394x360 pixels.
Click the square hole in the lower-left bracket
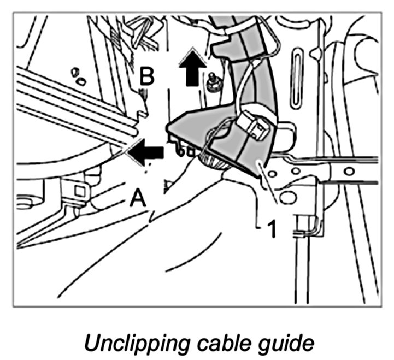[x=80, y=191]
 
